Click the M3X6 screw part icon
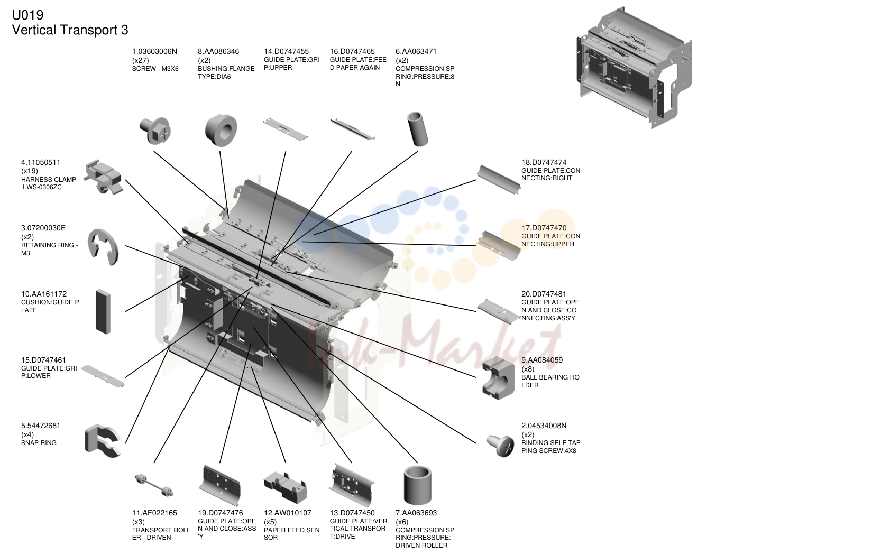point(155,130)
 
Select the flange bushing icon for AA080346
point(221,130)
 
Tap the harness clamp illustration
point(104,177)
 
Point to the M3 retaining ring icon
point(103,247)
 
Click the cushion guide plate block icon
point(103,311)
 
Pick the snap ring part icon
point(103,440)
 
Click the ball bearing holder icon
point(498,378)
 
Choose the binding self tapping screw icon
point(501,446)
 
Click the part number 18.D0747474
point(544,162)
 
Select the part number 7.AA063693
point(416,513)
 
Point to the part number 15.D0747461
point(43,360)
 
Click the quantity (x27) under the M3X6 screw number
point(140,60)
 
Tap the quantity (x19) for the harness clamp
point(29,171)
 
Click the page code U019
point(27,15)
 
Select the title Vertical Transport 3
point(70,30)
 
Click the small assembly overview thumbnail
point(634,67)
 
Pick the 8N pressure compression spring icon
point(418,129)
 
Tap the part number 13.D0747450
point(352,513)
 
